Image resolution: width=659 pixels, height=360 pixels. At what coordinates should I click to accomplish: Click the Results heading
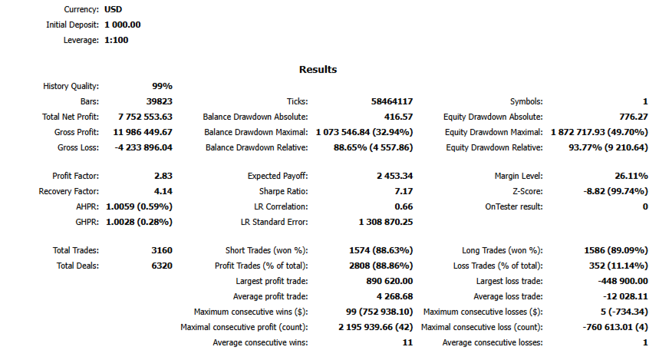click(318, 69)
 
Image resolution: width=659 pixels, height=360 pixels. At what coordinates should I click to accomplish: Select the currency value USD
click(113, 9)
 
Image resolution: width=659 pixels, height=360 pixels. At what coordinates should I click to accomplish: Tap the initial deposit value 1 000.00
click(122, 25)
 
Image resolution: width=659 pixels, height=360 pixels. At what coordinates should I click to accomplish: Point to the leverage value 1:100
click(117, 41)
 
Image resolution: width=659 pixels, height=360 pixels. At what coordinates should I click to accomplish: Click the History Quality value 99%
click(162, 86)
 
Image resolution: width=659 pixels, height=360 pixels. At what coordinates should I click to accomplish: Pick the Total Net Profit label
click(71, 117)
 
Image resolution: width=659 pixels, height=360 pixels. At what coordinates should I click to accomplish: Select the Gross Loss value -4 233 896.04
click(143, 147)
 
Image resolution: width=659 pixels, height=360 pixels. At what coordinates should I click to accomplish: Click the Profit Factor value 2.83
click(163, 176)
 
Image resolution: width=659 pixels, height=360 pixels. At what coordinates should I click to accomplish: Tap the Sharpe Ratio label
click(283, 191)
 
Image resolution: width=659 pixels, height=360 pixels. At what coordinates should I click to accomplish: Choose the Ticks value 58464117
click(392, 101)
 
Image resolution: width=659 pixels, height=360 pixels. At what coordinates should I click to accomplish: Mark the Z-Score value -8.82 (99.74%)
click(616, 191)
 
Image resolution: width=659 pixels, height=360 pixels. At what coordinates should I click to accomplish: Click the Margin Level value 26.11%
click(631, 176)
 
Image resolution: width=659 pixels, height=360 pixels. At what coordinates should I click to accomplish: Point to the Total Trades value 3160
click(162, 250)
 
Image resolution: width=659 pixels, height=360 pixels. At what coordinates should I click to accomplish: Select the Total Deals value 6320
click(162, 266)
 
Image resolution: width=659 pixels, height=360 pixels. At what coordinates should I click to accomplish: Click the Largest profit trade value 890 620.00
click(390, 281)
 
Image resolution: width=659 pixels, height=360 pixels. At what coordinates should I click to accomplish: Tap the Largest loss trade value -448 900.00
click(623, 281)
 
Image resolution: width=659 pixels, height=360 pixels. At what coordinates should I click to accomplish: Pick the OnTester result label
click(514, 206)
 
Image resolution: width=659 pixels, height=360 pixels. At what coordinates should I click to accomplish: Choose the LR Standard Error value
click(386, 222)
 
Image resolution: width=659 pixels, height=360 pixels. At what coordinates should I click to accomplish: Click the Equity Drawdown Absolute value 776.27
click(634, 117)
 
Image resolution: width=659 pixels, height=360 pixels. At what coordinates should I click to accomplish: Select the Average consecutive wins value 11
click(407, 343)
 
